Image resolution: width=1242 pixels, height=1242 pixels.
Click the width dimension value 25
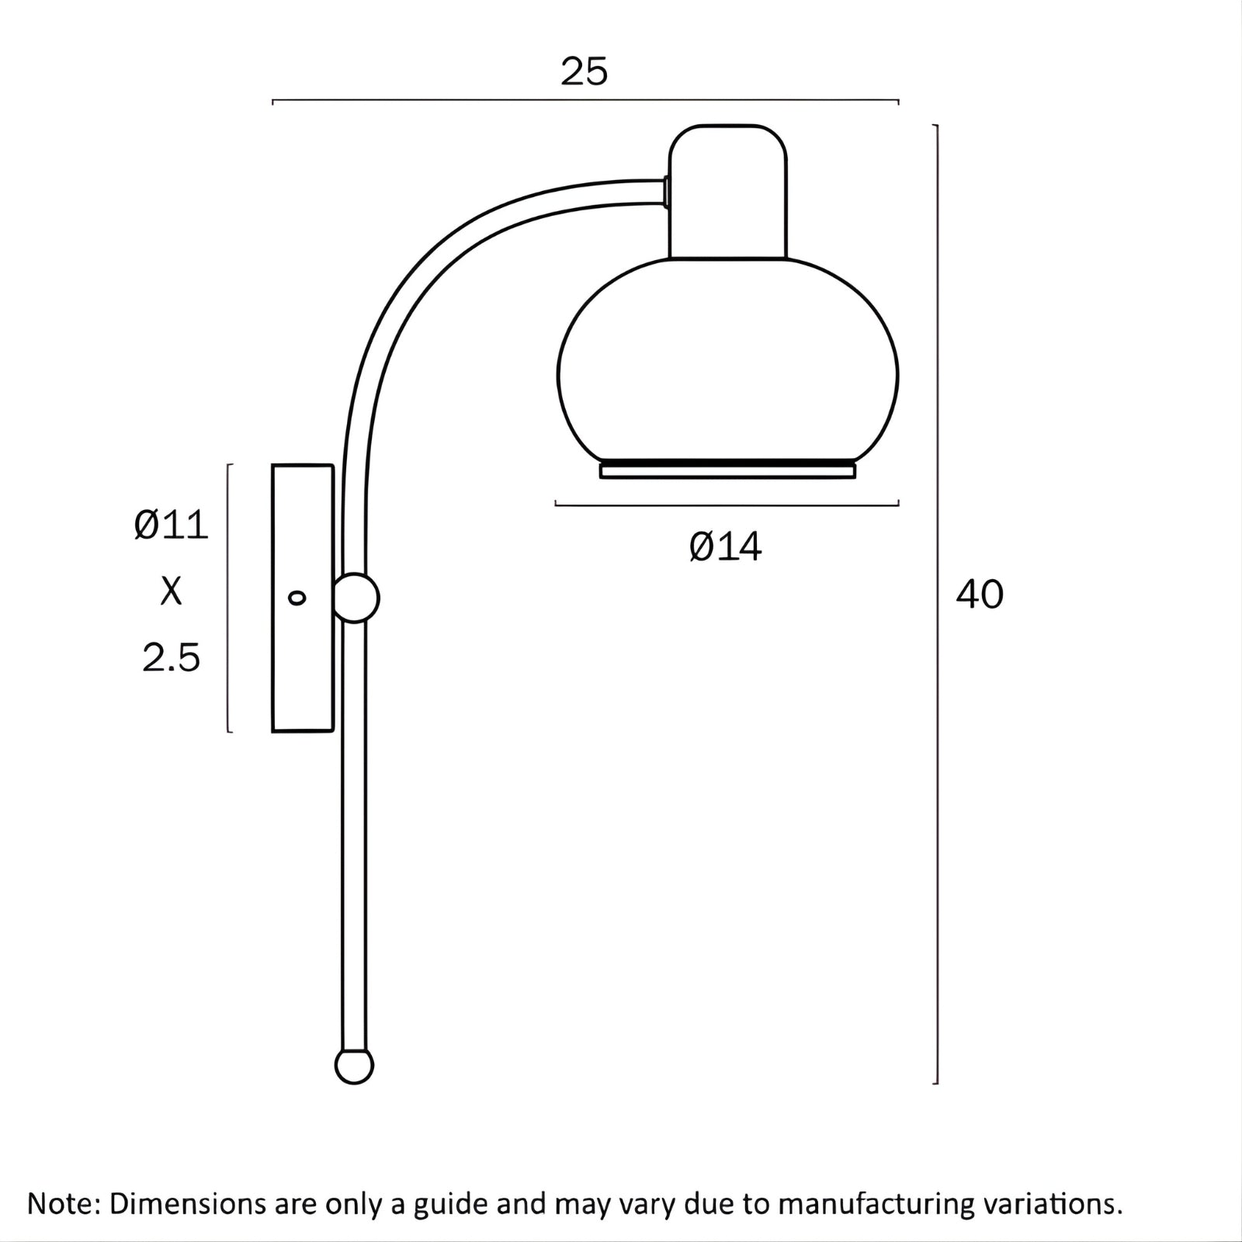point(584,72)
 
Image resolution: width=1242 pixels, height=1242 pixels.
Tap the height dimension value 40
point(979,595)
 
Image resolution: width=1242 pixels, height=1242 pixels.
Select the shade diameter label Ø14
point(726,547)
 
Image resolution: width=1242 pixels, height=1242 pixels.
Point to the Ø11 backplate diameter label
point(172,526)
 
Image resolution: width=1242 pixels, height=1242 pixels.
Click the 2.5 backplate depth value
point(172,657)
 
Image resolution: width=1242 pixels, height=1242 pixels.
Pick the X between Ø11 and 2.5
point(172,592)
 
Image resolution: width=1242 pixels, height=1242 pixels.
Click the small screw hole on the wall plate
point(297,597)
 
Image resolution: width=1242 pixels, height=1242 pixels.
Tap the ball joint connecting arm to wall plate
point(356,598)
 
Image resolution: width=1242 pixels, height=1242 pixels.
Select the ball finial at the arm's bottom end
point(354,1067)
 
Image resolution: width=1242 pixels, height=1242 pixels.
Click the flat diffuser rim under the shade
point(727,470)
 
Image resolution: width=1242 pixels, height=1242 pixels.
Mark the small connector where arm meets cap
point(666,192)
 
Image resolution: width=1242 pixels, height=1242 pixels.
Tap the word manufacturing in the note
point(876,1204)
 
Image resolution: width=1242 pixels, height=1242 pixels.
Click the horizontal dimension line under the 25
point(585,101)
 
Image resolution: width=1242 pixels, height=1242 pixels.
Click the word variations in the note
point(1051,1204)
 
